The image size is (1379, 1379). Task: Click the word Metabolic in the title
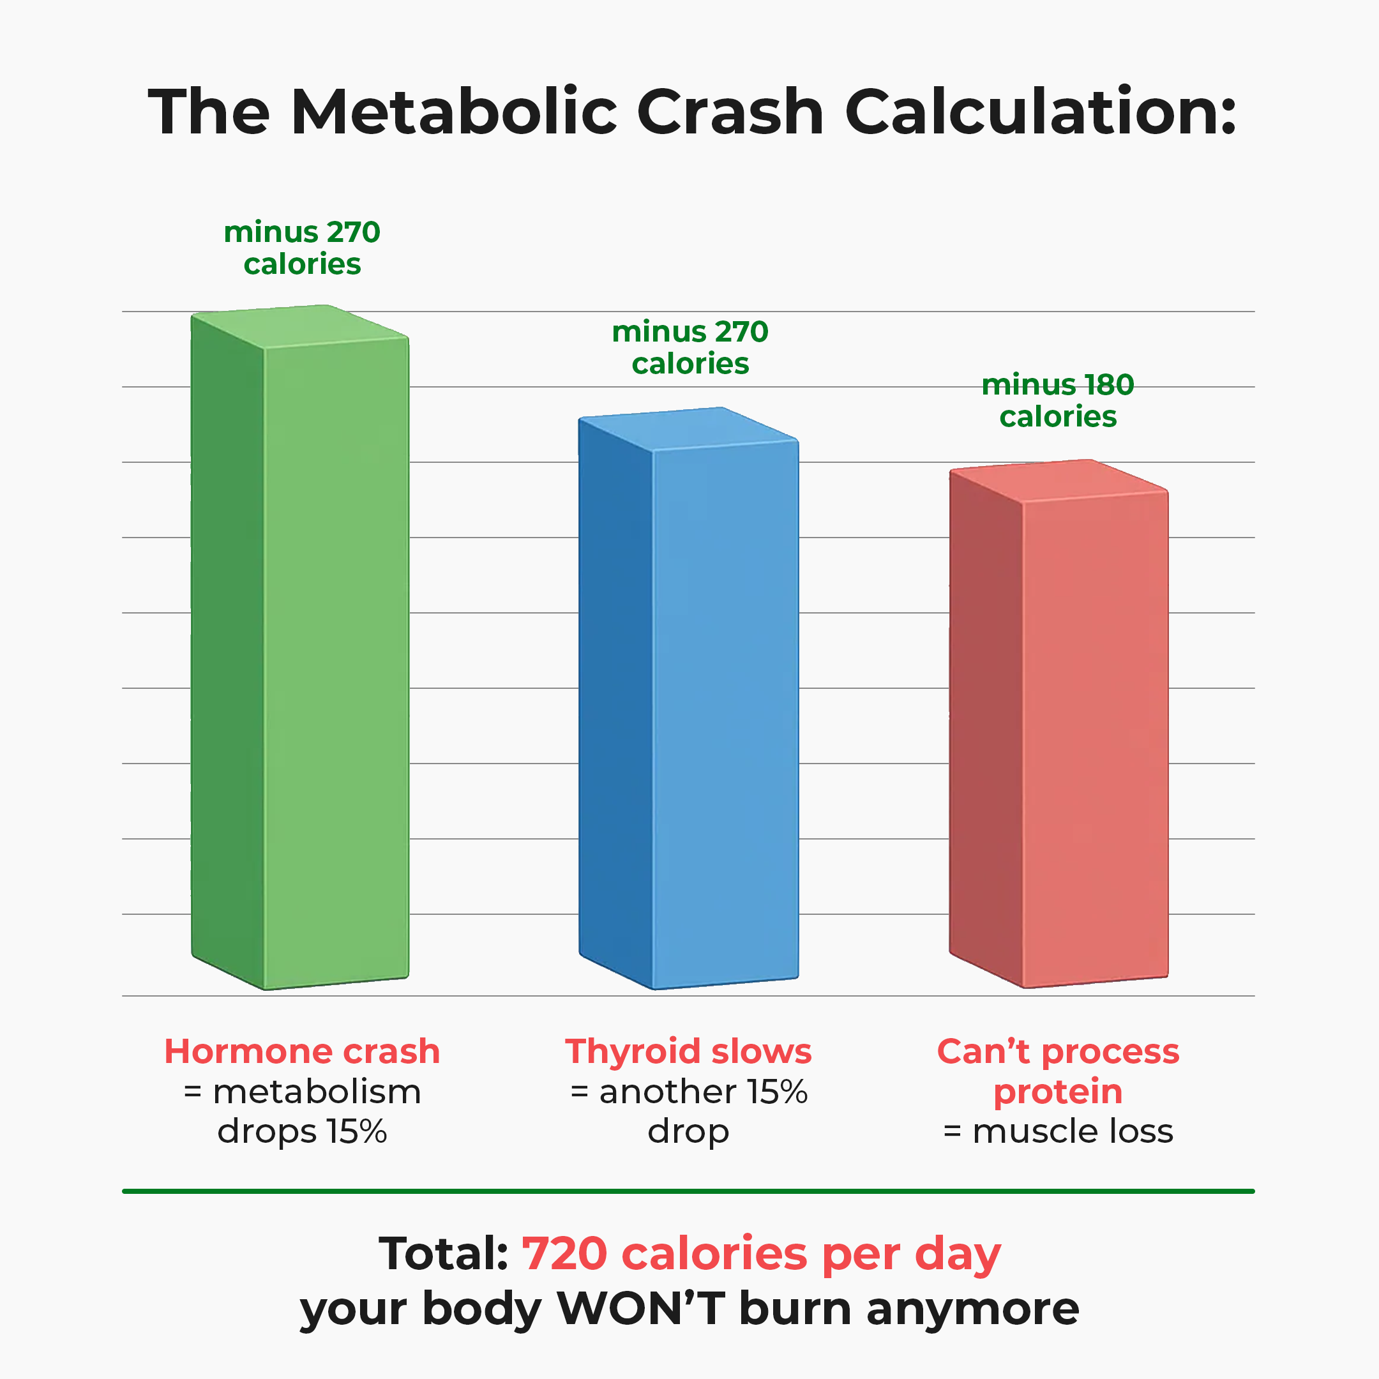[454, 112]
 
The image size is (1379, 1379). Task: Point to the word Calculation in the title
[1040, 112]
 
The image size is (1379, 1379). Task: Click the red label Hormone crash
[302, 1051]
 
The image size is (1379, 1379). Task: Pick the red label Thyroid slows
[688, 1051]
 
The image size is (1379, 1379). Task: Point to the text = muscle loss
[1058, 1131]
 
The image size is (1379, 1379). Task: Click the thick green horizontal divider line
[688, 1191]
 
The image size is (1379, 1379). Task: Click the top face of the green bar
[300, 326]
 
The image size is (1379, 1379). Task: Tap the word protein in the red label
[1058, 1092]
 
